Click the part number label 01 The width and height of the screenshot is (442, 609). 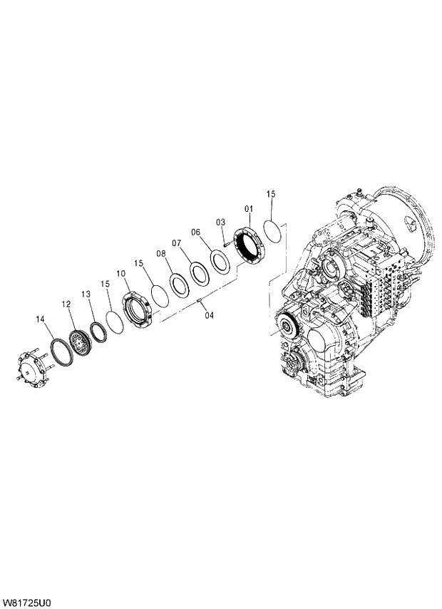point(249,209)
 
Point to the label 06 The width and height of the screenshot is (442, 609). point(196,232)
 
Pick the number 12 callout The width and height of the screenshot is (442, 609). point(66,304)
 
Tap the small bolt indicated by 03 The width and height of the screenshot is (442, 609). point(225,244)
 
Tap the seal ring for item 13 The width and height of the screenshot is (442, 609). point(96,331)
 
